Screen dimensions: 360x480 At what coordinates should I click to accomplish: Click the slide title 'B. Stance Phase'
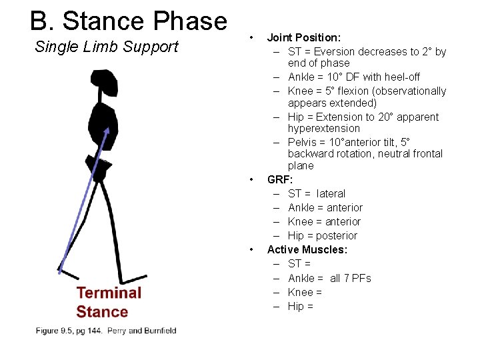pyautogui.click(x=129, y=21)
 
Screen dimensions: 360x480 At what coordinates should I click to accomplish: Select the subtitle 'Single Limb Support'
pyautogui.click(x=107, y=47)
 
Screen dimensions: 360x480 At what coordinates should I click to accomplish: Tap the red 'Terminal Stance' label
pyautogui.click(x=109, y=302)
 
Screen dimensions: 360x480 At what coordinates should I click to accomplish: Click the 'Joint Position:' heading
pyautogui.click(x=304, y=37)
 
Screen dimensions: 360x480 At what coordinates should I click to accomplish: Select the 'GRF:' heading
pyautogui.click(x=280, y=179)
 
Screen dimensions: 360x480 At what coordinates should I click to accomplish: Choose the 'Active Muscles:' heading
pyautogui.click(x=307, y=249)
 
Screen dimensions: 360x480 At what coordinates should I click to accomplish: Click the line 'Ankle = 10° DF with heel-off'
pyautogui.click(x=353, y=77)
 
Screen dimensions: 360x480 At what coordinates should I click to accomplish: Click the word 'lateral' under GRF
pyautogui.click(x=331, y=193)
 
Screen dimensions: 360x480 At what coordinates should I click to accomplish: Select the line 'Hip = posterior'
pyautogui.click(x=322, y=235)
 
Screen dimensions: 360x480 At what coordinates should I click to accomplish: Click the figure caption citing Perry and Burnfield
pyautogui.click(x=107, y=330)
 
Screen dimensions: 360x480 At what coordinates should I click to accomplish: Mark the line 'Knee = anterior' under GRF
pyautogui.click(x=324, y=221)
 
